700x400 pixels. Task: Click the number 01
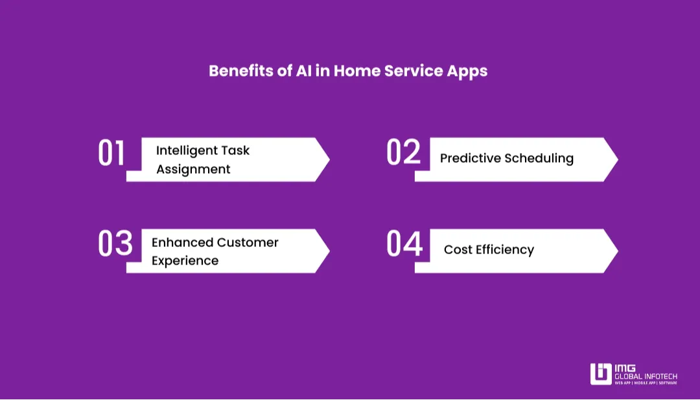111,154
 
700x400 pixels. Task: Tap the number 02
403,154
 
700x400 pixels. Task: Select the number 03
115,244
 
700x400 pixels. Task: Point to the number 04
404,244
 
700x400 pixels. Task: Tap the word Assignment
193,169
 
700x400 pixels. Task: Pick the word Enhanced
181,242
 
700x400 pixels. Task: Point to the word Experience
185,261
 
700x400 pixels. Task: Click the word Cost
458,250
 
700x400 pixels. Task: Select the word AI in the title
303,71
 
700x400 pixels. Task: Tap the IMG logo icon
601,374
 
